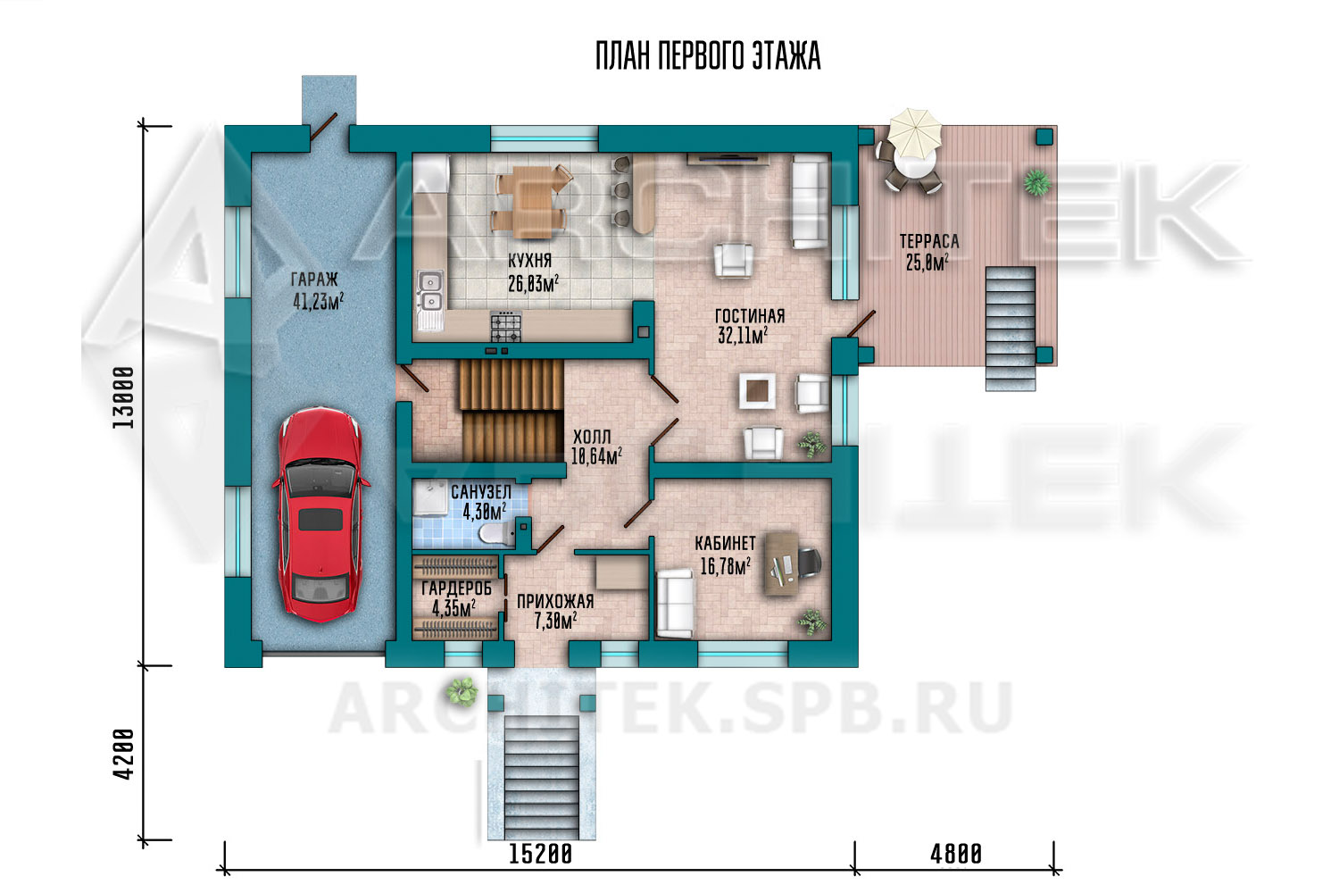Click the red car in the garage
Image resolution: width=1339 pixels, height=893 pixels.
point(321,515)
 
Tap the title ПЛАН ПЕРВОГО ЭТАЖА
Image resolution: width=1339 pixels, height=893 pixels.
point(708,56)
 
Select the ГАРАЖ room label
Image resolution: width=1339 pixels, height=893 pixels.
point(314,280)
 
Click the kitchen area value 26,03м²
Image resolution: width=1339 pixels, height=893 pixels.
point(533,283)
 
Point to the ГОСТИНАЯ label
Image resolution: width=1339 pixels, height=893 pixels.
point(750,316)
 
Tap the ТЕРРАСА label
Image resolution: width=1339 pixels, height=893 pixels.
point(929,241)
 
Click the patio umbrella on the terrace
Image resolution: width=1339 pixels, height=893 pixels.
point(912,132)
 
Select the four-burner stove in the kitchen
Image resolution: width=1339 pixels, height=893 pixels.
point(506,326)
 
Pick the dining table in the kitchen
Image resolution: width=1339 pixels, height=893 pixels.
point(531,198)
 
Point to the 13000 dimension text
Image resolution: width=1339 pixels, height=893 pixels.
point(124,397)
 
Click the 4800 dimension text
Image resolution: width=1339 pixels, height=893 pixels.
point(956,854)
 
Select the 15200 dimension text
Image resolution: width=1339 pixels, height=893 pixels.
point(540,854)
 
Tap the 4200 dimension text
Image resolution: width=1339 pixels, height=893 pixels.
point(124,754)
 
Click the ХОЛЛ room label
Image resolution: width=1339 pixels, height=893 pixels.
point(592,437)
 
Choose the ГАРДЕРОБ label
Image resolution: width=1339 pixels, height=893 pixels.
point(457,588)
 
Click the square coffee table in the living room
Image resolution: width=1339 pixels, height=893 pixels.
point(757,391)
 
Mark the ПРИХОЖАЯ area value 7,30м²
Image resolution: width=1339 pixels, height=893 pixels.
point(555,622)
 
